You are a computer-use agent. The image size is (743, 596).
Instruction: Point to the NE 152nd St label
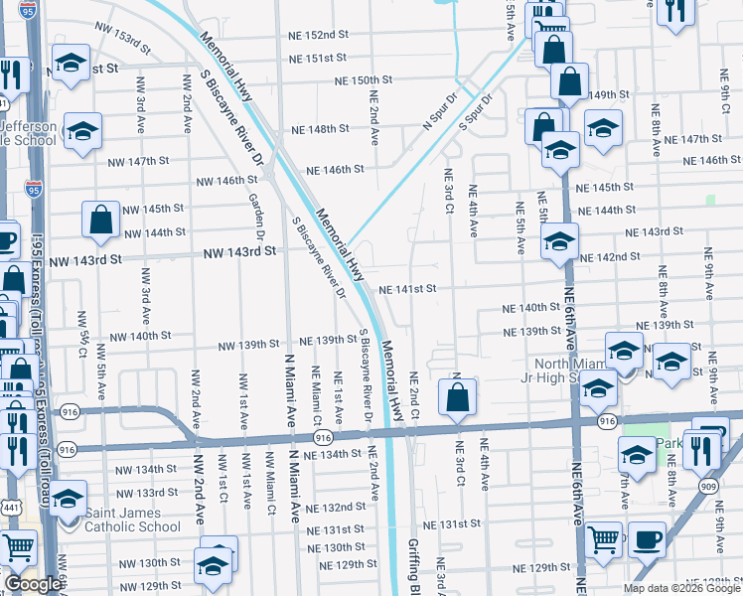pos(317,34)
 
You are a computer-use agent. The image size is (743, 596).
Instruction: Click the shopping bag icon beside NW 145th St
pos(101,221)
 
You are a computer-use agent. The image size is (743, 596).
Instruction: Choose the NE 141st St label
pos(407,289)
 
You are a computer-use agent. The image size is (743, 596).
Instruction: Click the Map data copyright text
pos(681,588)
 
